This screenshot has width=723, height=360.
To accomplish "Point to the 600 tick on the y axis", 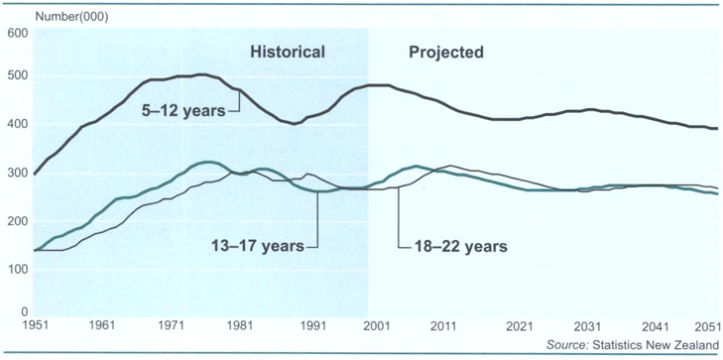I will (17, 33).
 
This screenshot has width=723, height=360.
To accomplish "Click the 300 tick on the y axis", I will (17, 173).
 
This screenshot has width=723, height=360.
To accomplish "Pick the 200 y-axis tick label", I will (17, 219).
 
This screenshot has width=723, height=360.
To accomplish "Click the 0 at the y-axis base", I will (24, 311).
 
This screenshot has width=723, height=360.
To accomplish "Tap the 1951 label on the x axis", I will (34, 326).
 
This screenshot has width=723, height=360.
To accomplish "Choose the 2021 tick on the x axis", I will (520, 326).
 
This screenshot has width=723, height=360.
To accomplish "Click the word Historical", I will (287, 52).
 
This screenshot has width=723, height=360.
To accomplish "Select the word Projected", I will (446, 52).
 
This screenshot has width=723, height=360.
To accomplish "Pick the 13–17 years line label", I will (258, 244).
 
